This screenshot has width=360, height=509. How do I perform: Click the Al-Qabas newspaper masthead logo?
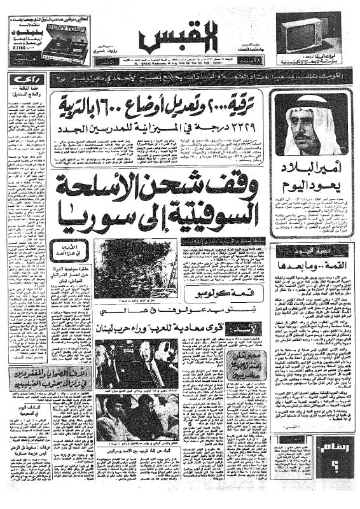176,38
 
